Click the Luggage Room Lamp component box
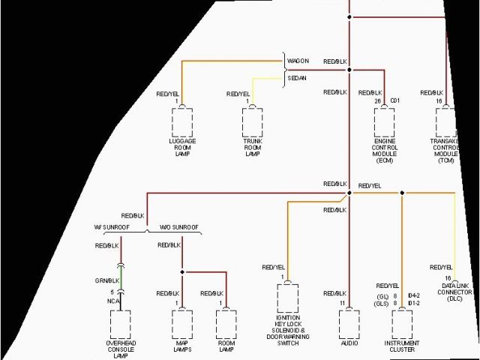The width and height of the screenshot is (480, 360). (182, 123)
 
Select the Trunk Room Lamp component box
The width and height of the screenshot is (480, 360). (253, 123)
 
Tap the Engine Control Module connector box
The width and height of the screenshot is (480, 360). (384, 122)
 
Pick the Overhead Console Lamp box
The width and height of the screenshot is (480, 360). (121, 324)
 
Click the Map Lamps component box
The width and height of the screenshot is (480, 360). (182, 324)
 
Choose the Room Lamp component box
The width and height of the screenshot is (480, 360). (226, 324)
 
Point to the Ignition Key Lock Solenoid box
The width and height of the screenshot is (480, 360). (288, 298)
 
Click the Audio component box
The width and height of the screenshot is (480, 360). (349, 323)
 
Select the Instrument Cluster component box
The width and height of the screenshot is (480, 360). (402, 323)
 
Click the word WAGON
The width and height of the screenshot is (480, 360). (298, 61)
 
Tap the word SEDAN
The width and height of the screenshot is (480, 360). (297, 78)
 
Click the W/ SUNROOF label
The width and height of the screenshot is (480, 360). (110, 226)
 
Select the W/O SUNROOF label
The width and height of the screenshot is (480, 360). (179, 226)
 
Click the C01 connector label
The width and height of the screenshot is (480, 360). (395, 100)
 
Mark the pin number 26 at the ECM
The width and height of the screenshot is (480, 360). (378, 100)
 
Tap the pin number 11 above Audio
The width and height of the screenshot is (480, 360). (342, 303)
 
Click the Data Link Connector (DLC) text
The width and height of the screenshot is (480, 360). (456, 292)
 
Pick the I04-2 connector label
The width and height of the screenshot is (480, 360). (413, 295)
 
